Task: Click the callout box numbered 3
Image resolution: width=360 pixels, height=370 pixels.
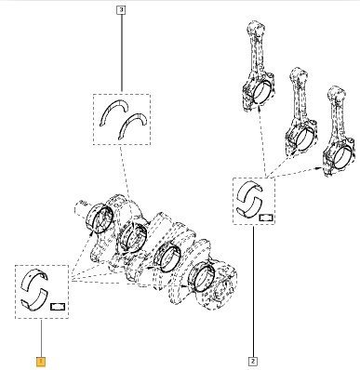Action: click(x=121, y=11)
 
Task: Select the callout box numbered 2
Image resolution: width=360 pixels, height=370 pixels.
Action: click(x=253, y=361)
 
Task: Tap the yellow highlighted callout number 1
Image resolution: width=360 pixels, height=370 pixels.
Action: click(x=41, y=362)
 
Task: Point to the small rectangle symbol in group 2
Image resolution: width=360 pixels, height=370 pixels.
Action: click(x=266, y=217)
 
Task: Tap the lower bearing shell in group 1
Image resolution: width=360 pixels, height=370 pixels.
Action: click(x=35, y=299)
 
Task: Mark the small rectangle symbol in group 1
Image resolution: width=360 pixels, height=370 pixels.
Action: click(x=57, y=306)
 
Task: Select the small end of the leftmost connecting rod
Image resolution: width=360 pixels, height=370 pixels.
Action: click(x=255, y=27)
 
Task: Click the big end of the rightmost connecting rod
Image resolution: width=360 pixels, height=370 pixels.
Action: click(x=338, y=156)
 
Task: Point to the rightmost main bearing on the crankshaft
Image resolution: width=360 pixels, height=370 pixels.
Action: click(x=203, y=276)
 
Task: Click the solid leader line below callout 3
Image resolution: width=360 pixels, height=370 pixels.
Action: click(x=121, y=53)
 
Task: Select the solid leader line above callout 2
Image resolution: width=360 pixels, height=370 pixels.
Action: click(x=253, y=292)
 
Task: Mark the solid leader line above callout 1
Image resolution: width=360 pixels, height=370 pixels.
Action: click(x=41, y=338)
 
